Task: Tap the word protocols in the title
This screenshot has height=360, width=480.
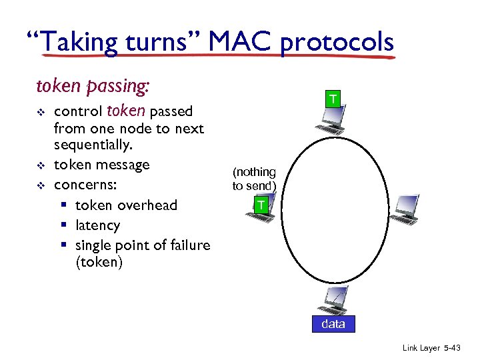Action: (337, 43)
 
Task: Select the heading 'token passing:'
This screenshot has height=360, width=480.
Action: (93, 87)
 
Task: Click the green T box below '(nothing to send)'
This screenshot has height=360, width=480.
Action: (261, 205)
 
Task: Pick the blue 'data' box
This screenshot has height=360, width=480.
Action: (333, 324)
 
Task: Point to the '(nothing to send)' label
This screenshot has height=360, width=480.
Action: (254, 179)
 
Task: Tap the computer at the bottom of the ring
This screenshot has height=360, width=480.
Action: (333, 300)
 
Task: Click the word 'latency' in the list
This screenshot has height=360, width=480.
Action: (97, 225)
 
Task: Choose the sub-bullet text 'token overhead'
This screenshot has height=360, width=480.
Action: (126, 205)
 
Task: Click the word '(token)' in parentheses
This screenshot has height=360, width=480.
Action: (99, 262)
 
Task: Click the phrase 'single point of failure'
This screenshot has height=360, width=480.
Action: (143, 245)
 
